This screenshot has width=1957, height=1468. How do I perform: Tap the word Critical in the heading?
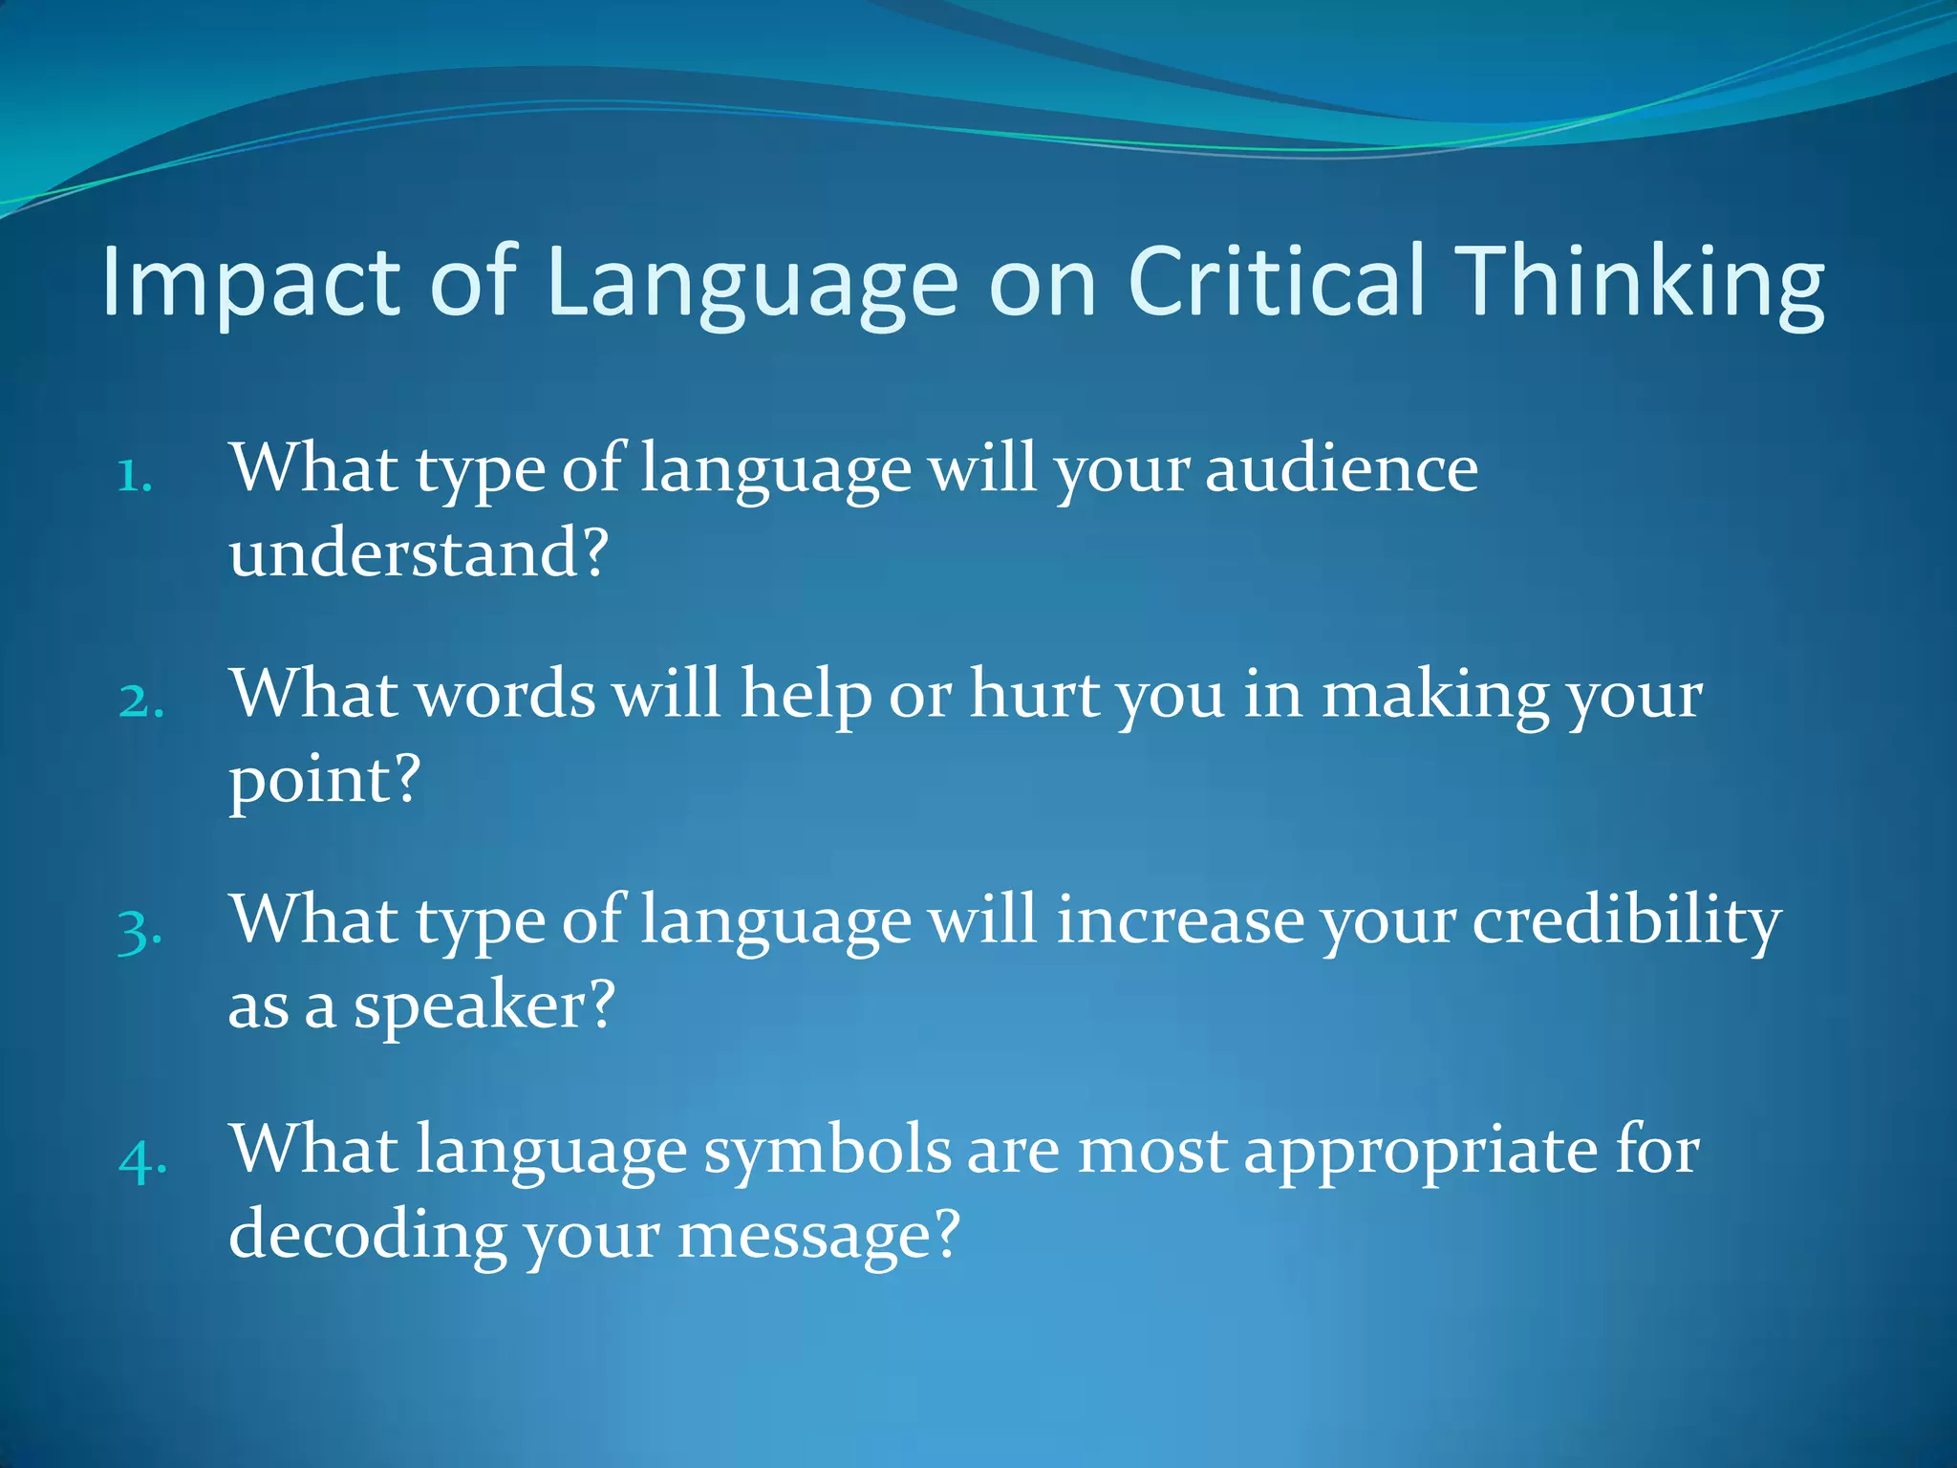(1277, 281)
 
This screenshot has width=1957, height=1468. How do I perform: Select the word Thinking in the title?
(1643, 283)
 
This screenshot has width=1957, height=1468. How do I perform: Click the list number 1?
(135, 475)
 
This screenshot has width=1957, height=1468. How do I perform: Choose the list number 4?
(142, 1158)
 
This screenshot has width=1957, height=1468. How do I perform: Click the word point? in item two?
(324, 780)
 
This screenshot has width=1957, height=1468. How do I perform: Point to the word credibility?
(1625, 921)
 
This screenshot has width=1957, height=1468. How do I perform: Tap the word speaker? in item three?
(484, 1005)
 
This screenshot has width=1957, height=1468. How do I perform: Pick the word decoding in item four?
(367, 1235)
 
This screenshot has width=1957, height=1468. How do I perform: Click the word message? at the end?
(818, 1235)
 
